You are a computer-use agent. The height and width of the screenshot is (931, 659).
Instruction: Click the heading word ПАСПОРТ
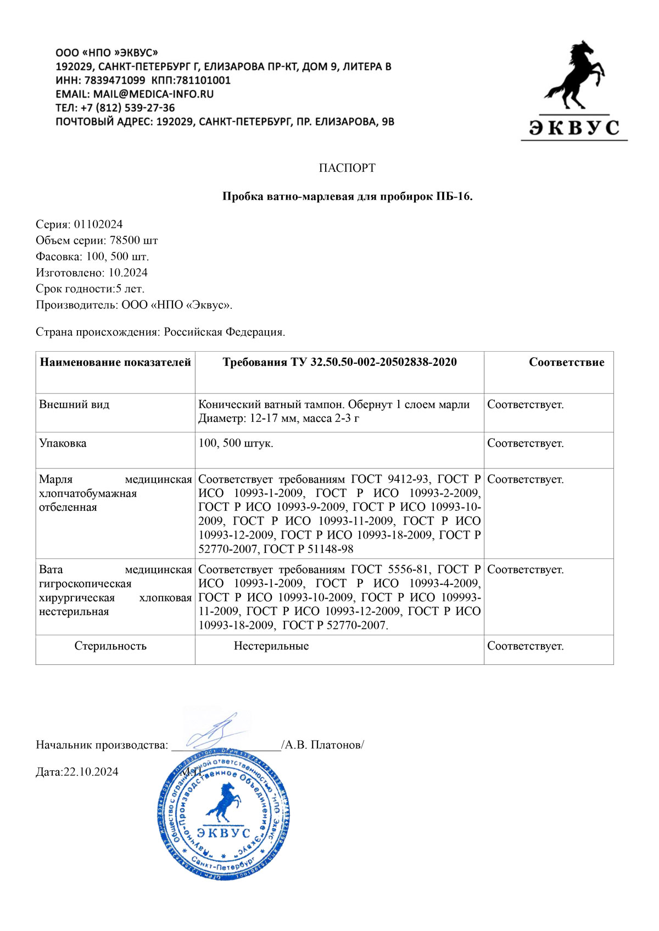click(x=347, y=168)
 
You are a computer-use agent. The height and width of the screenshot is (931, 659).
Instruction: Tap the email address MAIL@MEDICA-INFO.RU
click(x=153, y=94)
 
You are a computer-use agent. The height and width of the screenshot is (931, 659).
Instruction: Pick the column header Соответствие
click(x=566, y=362)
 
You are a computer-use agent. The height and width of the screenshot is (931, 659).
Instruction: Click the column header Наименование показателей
click(x=115, y=362)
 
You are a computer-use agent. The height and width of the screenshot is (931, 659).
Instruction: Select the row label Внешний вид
click(x=74, y=404)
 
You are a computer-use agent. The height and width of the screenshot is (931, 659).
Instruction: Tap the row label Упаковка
click(x=63, y=443)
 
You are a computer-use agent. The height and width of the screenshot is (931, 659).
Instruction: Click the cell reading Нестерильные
click(x=271, y=646)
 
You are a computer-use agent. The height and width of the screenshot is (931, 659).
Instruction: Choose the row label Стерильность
click(x=110, y=646)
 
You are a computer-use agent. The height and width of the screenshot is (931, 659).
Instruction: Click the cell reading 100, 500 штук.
click(x=236, y=443)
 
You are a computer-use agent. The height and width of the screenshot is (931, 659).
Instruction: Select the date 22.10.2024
click(x=91, y=772)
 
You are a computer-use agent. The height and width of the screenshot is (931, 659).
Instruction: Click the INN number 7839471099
click(x=115, y=80)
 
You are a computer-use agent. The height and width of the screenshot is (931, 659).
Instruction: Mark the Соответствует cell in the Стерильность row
click(x=525, y=646)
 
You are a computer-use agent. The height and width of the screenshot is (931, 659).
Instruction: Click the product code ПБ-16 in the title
click(x=453, y=196)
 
